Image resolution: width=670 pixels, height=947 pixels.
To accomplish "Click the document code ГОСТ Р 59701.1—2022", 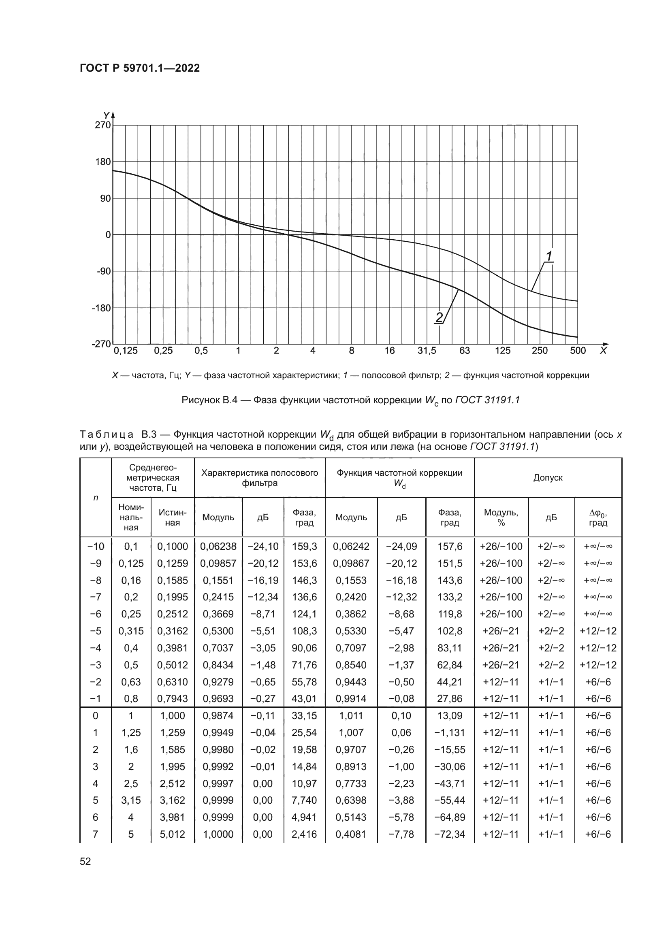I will click(139, 68).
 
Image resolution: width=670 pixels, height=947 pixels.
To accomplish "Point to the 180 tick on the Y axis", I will click(103, 162).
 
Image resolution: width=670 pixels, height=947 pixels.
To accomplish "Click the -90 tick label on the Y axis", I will click(104, 271).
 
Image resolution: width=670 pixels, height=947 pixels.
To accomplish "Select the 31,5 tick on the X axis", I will click(427, 351).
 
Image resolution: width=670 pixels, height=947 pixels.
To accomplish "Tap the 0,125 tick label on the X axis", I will click(126, 351).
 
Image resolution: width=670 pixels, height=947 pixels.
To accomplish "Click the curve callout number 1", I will click(549, 256).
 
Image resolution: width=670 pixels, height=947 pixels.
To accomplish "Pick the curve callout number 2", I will click(439, 317).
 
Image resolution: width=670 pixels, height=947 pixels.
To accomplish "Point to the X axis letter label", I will click(603, 351).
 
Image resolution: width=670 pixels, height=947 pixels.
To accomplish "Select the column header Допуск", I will click(548, 478).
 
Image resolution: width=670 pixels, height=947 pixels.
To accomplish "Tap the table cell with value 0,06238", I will click(218, 547).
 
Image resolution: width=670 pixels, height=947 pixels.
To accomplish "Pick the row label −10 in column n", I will click(96, 547).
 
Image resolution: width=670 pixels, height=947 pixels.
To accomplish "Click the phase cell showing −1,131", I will click(450, 732).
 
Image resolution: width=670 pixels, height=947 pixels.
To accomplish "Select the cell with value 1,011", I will click(351, 715).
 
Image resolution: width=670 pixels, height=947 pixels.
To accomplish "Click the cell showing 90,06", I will click(304, 648).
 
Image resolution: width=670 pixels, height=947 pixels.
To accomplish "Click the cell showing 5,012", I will click(173, 834).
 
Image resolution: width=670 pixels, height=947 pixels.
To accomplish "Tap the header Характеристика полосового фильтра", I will click(260, 478).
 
